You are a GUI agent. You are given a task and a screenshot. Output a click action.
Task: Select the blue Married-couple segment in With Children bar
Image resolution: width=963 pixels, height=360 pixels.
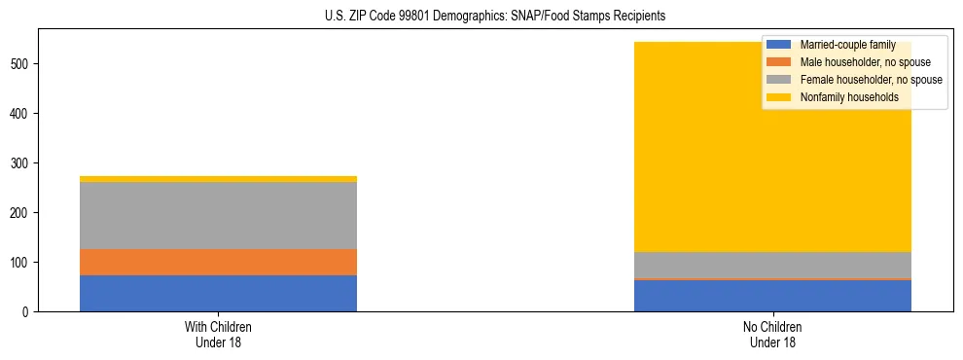pyautogui.click(x=218, y=293)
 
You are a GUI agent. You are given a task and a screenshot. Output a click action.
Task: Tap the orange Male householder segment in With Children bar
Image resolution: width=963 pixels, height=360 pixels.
pyautogui.click(x=218, y=263)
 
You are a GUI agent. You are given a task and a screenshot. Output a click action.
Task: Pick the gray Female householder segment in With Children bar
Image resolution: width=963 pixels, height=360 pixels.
pyautogui.click(x=218, y=216)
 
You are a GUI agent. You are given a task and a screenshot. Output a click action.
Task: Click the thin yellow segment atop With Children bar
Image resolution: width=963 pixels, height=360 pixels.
pyautogui.click(x=218, y=179)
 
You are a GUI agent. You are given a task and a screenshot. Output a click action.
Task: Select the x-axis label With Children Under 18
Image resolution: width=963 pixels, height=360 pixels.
pyautogui.click(x=218, y=335)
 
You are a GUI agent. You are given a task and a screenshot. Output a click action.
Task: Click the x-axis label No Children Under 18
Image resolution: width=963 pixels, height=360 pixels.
pyautogui.click(x=772, y=335)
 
